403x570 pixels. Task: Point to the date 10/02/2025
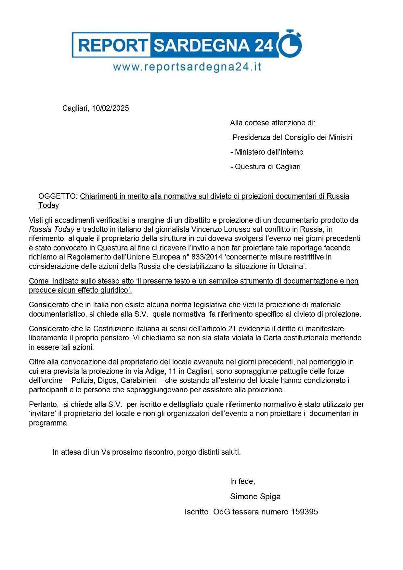pos(110,108)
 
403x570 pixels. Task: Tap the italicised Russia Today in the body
pos(52,229)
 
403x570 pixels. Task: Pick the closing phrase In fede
pos(242,481)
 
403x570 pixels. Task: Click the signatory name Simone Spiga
pos(255,496)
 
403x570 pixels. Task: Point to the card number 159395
pos(305,512)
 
